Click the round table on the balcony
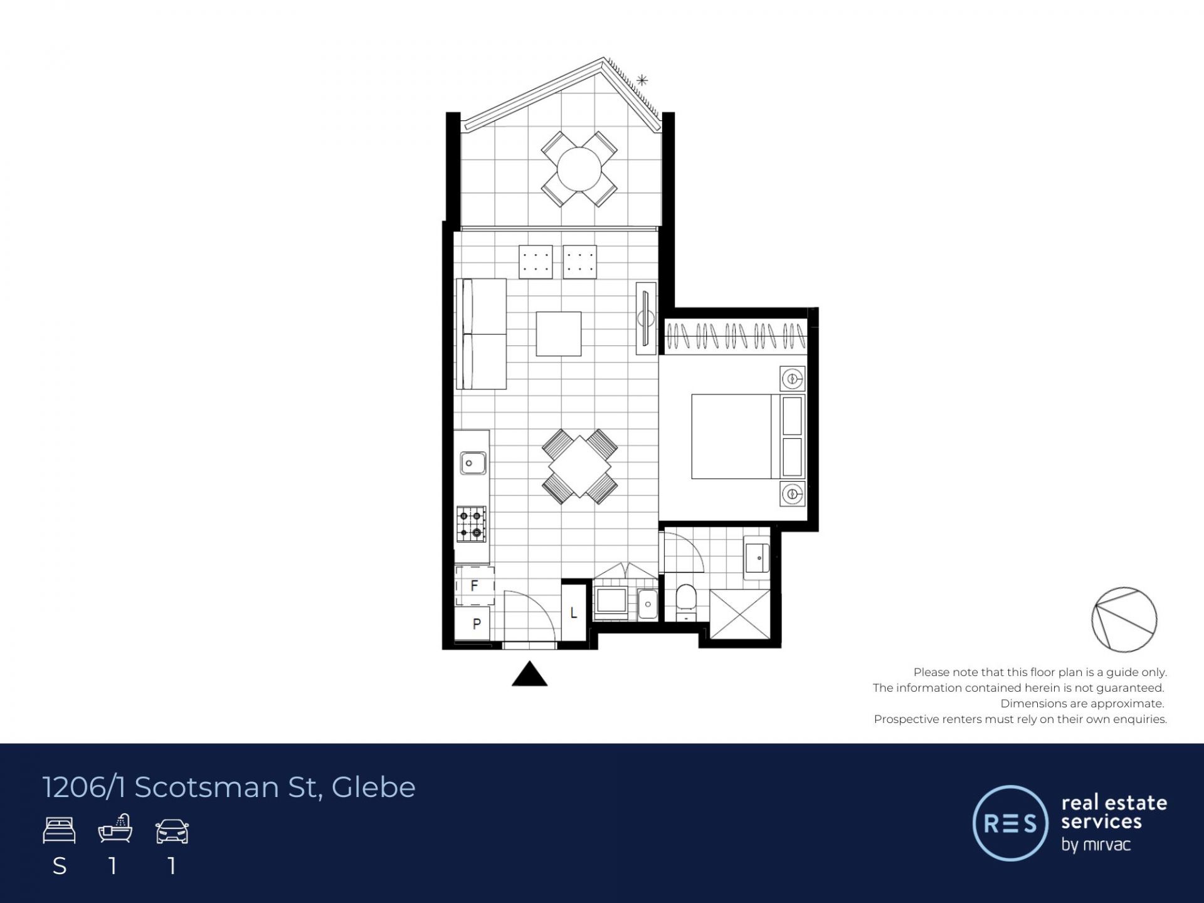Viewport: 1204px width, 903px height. [x=579, y=169]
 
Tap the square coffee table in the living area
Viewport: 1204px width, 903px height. [x=558, y=334]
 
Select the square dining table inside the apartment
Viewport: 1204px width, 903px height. [x=579, y=467]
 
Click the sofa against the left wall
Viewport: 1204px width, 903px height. [x=481, y=334]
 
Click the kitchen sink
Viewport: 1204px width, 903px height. [x=473, y=463]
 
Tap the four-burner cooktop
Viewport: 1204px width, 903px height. [x=471, y=524]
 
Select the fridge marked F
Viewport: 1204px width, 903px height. [x=475, y=586]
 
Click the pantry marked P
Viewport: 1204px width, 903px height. [x=474, y=623]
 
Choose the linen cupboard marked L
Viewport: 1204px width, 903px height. [x=573, y=612]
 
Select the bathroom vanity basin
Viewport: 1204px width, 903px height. [x=757, y=557]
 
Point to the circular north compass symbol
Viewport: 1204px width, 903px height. [x=1124, y=620]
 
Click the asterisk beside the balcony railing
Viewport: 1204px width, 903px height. [x=642, y=80]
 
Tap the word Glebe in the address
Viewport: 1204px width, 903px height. [x=373, y=787]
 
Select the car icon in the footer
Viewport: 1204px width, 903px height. [x=172, y=831]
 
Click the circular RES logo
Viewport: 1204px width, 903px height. [x=1010, y=823]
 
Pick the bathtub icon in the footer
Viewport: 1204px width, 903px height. [x=115, y=829]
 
